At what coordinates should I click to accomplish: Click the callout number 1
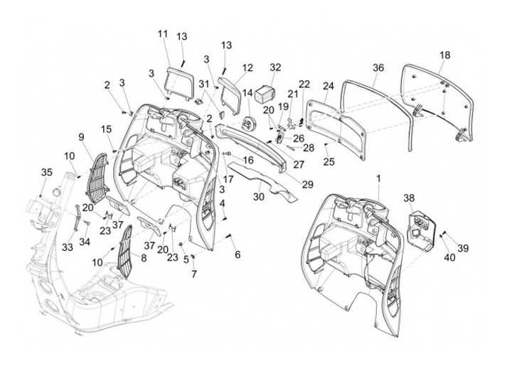(379, 177)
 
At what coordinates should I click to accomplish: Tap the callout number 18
(444, 55)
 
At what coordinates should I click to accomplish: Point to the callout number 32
(276, 67)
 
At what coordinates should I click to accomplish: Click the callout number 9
(81, 136)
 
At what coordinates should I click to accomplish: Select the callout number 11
(163, 34)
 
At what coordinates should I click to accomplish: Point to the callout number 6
(238, 254)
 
